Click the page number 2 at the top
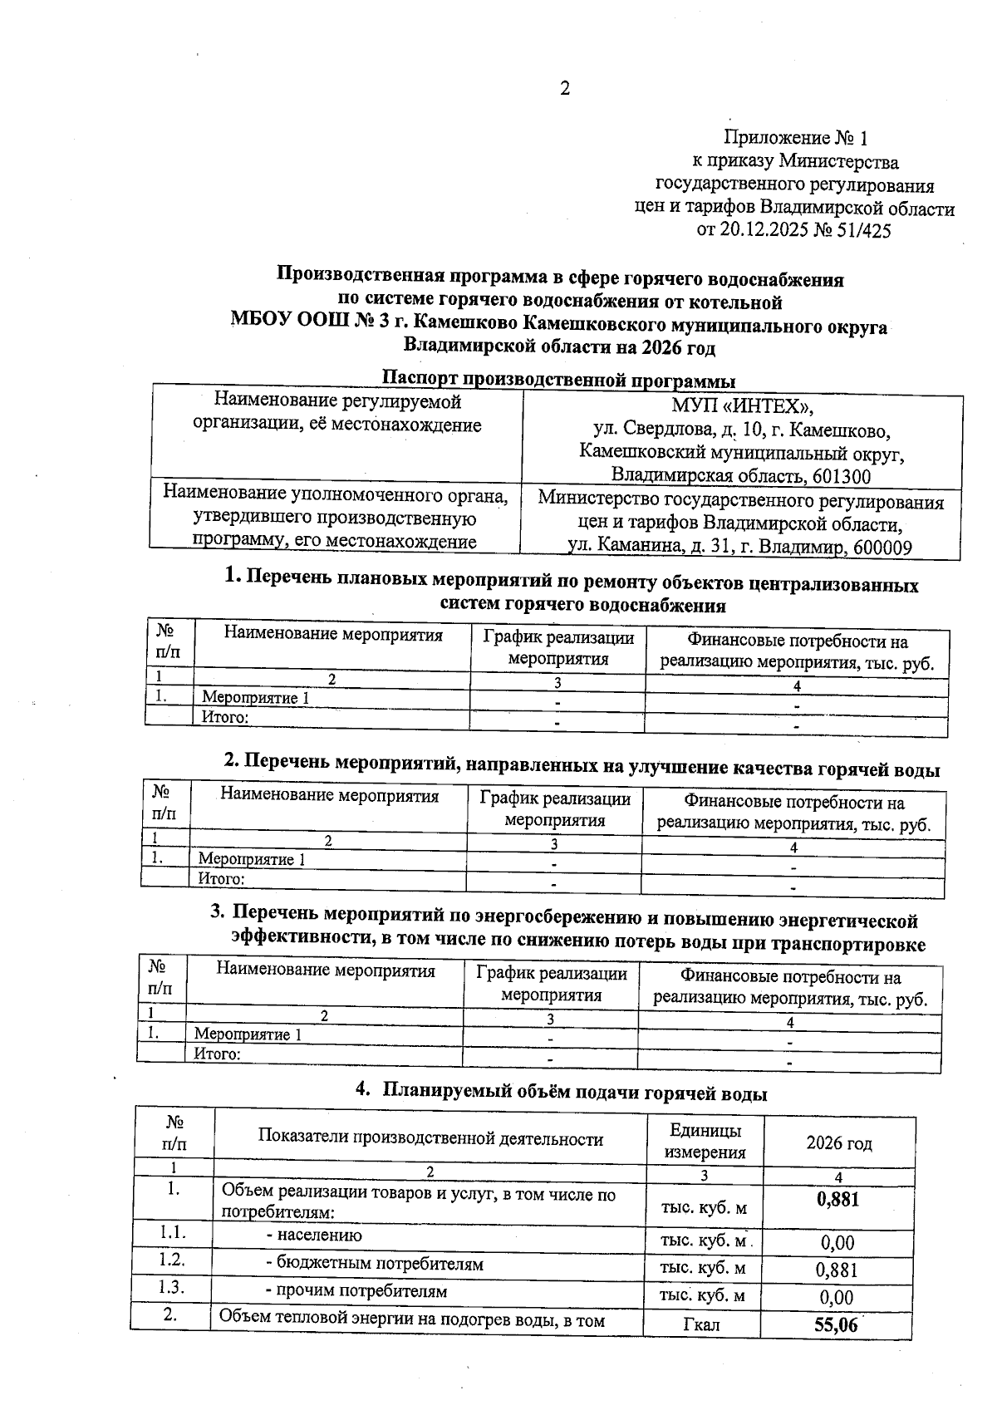565,89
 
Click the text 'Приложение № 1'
796,137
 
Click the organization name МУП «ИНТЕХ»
742,407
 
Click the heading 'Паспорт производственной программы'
558,381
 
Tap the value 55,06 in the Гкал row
836,1324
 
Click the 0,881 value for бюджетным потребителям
837,1270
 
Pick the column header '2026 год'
838,1143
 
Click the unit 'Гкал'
701,1324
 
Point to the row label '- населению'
313,1235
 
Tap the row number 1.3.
172,1287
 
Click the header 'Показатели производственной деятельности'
430,1137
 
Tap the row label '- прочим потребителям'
356,1291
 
